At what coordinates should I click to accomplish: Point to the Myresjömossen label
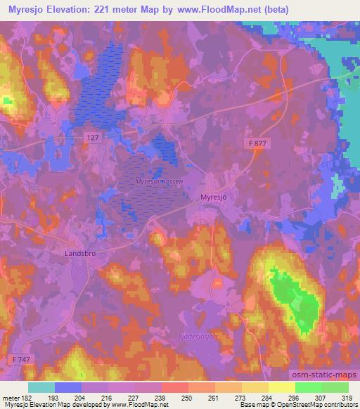click(159, 181)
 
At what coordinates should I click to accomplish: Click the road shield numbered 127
click(95, 138)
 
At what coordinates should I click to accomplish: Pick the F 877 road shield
click(258, 143)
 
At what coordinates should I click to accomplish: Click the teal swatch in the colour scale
click(41, 387)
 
